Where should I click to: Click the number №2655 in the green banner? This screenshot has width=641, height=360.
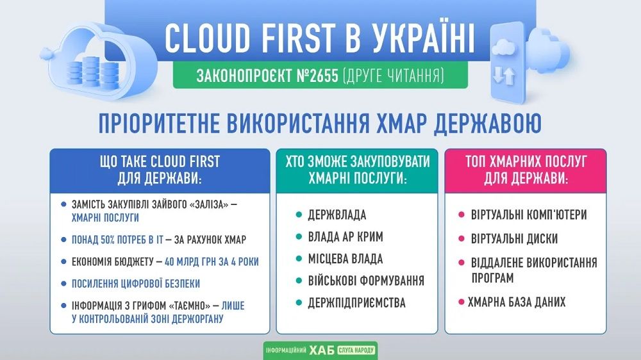pos(318,76)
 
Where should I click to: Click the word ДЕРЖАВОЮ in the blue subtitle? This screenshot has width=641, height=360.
pos(487,123)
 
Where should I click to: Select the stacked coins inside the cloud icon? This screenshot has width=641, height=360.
pos(92,70)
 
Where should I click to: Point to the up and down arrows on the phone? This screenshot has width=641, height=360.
pos(504,76)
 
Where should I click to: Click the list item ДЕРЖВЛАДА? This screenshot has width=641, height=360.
pos(337,215)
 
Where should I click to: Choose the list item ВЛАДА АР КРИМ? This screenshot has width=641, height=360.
pos(345,237)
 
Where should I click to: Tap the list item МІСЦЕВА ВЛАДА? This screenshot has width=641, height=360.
pos(345,259)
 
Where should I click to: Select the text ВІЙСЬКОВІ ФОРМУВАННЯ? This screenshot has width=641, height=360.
pos(366,281)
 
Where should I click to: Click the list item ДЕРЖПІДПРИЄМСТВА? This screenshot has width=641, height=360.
pos(357,303)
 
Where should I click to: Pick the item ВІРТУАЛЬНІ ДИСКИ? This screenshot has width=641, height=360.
pos(514,239)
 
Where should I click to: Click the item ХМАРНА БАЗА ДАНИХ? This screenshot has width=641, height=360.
pos(517,302)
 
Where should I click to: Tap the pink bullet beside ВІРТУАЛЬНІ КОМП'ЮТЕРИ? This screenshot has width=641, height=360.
pos(462,215)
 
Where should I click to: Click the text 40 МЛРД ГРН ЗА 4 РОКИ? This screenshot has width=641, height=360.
pos(212,261)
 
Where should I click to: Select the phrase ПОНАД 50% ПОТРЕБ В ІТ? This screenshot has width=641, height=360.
pos(117,240)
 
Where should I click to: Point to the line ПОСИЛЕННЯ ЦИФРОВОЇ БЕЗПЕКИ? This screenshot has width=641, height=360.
pos(136,284)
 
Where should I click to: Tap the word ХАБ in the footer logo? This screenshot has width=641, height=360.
pos(322,350)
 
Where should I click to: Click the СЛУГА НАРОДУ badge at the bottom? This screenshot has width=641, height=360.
pos(356,350)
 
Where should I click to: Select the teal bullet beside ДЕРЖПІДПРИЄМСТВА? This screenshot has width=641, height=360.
pos(299,303)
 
